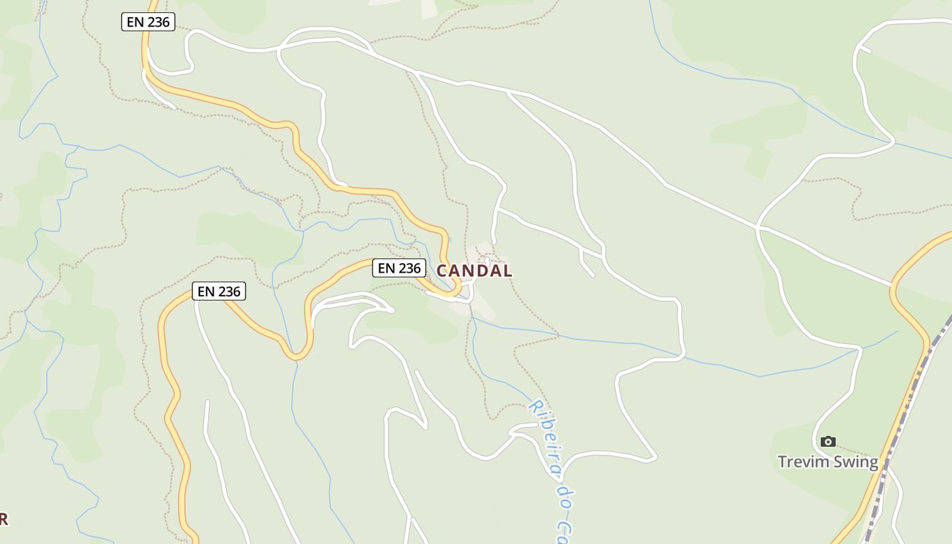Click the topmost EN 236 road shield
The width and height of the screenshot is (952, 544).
point(148,22)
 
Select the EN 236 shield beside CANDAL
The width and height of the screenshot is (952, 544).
point(399,268)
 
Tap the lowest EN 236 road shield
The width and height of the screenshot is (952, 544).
point(218,292)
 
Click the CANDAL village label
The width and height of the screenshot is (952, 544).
point(474,271)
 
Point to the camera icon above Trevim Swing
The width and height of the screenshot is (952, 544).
point(828,441)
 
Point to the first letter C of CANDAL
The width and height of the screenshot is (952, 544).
point(442,271)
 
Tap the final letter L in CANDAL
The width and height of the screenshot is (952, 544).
point(507,271)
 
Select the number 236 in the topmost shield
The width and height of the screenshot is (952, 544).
point(157,22)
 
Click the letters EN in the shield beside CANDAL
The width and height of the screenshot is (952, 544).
point(386,268)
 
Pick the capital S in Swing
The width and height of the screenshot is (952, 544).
point(840,462)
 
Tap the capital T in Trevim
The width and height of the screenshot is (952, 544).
point(783,462)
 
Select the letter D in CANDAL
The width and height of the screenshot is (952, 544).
point(481,271)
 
